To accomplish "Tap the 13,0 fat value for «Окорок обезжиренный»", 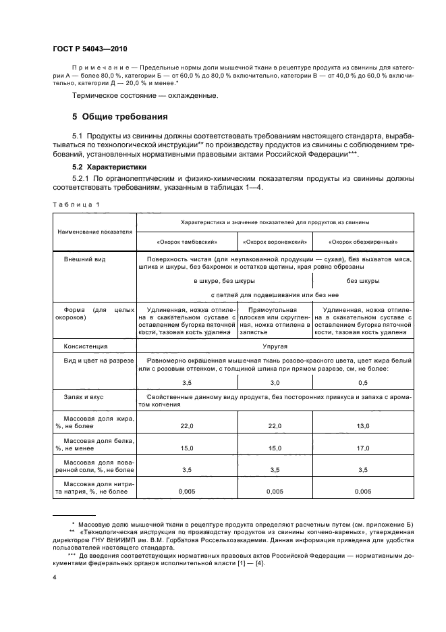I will click(x=362, y=425).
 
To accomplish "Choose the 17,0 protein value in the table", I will click(x=362, y=447).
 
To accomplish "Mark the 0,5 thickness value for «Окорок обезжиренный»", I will click(x=362, y=381).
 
